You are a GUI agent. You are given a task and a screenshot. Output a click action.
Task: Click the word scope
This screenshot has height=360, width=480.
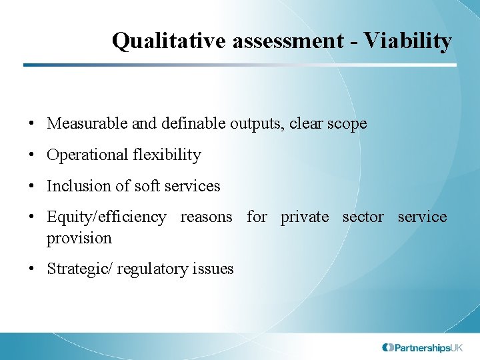click(347, 124)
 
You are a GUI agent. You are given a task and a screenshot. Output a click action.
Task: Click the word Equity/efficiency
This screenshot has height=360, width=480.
click(107, 217)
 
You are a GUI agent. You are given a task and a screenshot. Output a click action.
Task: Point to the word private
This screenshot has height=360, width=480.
click(305, 217)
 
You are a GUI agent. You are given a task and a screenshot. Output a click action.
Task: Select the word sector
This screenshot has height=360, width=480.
click(363, 217)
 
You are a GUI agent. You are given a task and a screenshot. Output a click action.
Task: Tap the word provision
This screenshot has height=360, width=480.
click(79, 238)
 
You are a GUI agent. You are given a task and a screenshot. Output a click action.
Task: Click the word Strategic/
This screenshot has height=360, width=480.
click(75, 269)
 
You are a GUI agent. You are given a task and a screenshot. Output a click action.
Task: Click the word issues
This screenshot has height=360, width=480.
click(213, 269)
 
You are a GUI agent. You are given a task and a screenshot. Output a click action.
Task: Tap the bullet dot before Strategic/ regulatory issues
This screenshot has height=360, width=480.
click(32, 269)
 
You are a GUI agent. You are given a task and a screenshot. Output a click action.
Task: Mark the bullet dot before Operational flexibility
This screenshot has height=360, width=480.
click(32, 155)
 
